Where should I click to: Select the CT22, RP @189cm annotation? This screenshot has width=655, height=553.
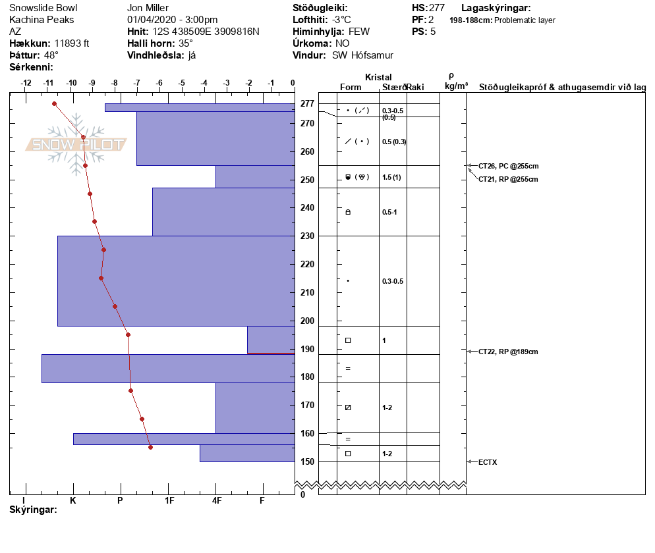508,352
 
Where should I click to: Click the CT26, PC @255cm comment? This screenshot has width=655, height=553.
508,165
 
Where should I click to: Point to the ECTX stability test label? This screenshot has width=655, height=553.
488,462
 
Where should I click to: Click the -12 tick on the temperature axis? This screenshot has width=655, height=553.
26,84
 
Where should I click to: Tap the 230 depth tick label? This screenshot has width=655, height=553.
307,236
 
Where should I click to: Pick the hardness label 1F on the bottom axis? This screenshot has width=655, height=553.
169,500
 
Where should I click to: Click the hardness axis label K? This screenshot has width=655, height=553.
73,500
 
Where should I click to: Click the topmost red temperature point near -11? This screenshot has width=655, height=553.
54,103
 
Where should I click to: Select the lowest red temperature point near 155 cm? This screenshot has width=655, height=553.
150,447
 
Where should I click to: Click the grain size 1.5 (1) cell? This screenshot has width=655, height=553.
391,177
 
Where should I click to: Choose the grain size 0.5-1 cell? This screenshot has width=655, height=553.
389,212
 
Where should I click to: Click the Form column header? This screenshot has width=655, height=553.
351,88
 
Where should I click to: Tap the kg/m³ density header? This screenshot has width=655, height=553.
456,86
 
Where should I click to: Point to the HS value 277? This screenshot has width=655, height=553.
436,8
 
